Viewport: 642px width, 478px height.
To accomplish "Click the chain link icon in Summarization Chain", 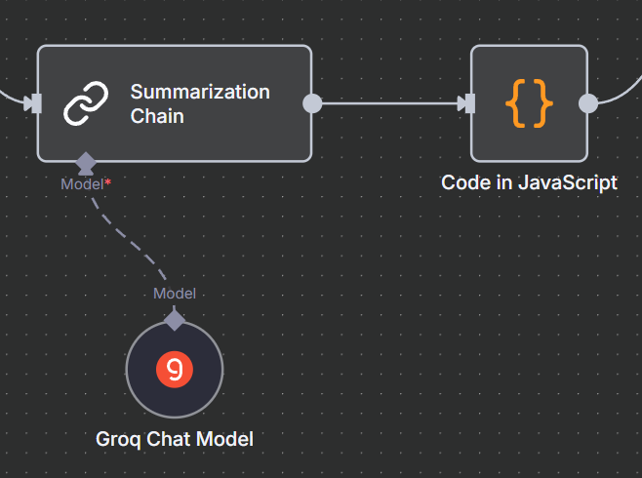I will pos(86,103).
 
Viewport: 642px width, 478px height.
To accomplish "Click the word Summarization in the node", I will pos(200,92).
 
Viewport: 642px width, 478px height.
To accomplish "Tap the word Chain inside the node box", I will pos(157,116).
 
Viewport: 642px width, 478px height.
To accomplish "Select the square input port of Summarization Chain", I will pos(35,103).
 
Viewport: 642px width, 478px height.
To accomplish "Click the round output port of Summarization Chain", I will pos(312,103).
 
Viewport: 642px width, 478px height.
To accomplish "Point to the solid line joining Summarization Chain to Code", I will pos(390,103).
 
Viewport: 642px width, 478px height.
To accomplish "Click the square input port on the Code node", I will pos(468,103).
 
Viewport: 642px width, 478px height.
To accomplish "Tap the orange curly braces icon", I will pos(529,103).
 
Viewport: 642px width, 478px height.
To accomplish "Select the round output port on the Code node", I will pos(588,103).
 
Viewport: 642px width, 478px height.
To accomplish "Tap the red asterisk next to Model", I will pos(108,181).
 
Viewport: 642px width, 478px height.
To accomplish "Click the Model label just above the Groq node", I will pos(175,294).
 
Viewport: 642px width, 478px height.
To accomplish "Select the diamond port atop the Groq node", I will pos(175,319).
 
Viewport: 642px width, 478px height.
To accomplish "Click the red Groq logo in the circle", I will pos(175,369).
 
